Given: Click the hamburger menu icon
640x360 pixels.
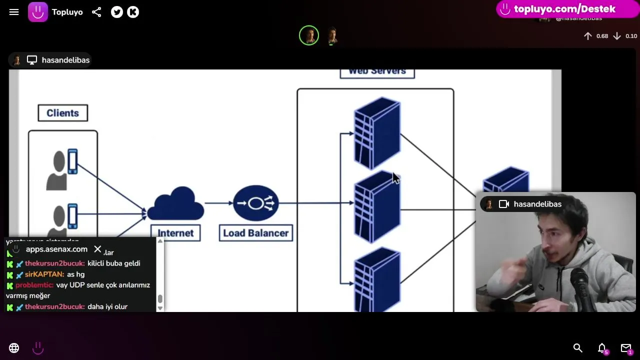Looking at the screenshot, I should pos(14,12).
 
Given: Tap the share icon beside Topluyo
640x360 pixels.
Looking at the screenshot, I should pos(96,12).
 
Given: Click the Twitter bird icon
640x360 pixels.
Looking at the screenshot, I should pos(117,12).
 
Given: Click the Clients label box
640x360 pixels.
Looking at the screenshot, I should pos(62,113).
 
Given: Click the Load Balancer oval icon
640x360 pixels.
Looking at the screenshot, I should pos(255,203).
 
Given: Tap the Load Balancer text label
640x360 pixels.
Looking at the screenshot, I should pos(255,233).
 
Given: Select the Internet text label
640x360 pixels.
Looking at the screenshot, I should pos(175,233).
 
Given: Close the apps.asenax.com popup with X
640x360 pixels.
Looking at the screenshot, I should pos(97,249).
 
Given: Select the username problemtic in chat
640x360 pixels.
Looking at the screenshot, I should pos(34,285).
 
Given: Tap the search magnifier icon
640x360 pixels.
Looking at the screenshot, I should pos(577,348).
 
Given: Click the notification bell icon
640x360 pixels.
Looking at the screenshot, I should pos(602,348).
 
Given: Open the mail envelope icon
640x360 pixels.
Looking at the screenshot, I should pos(625,348).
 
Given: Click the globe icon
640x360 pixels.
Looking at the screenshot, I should pos(14,348).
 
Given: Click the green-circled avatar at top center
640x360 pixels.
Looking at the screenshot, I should pos(309,35).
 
